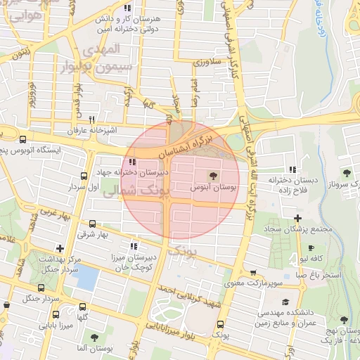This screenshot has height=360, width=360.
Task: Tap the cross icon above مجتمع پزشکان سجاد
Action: click(x=298, y=218)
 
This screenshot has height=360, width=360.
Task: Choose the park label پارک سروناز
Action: click(x=344, y=183)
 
